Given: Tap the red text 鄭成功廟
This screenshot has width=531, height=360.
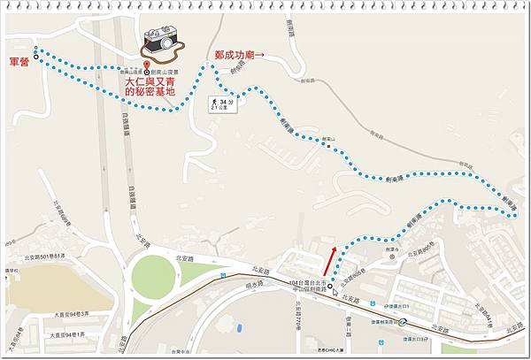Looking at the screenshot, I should click(234, 55).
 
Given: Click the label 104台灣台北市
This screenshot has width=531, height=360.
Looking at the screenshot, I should click(309, 280).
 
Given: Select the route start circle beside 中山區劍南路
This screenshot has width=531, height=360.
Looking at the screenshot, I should click(331, 287).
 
